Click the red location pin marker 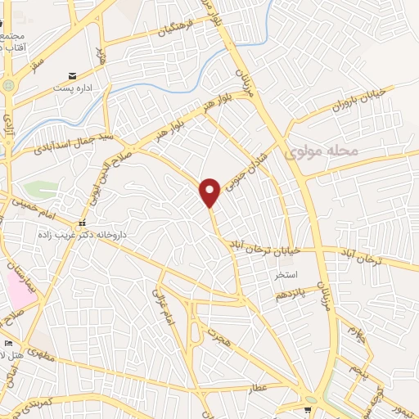pos(210,191)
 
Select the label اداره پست pos(73,87)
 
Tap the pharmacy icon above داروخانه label pos(81,223)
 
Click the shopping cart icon pos(309,410)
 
